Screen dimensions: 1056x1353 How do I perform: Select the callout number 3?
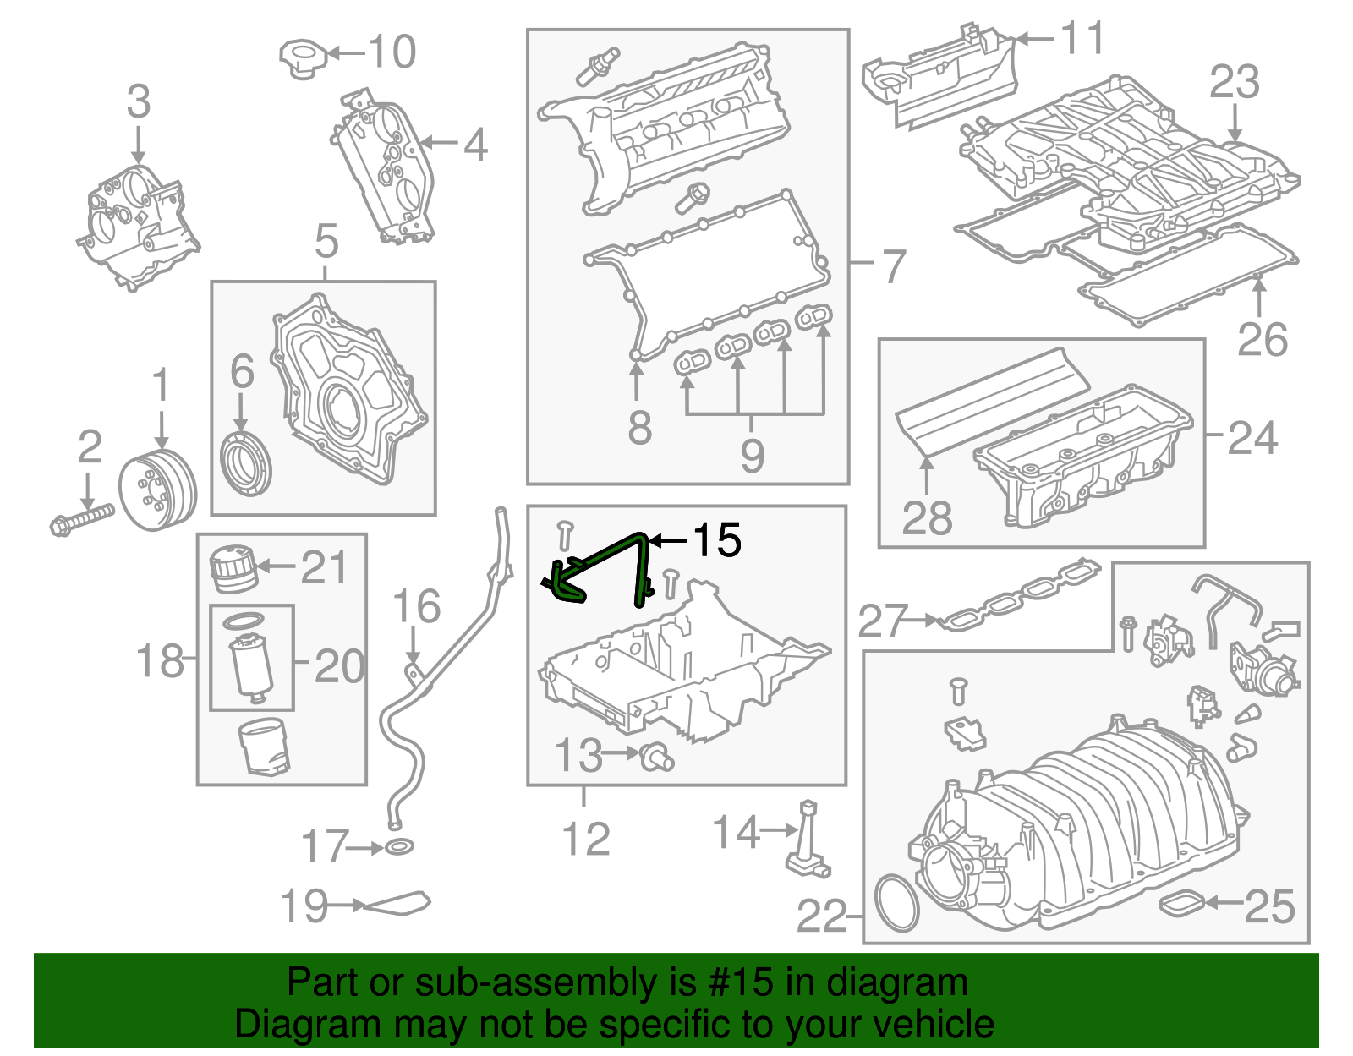tap(139, 101)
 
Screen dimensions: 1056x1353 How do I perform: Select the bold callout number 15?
tap(717, 539)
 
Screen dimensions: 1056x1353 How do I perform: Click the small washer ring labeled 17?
tap(399, 846)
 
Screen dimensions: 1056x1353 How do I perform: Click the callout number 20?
tap(339, 666)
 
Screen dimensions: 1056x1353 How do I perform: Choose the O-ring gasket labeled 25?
tap(1180, 903)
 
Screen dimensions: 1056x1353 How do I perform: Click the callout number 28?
tap(927, 517)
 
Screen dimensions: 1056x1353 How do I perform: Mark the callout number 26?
tap(1262, 339)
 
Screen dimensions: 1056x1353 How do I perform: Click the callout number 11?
tap(1083, 38)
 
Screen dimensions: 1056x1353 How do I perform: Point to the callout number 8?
tap(639, 427)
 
